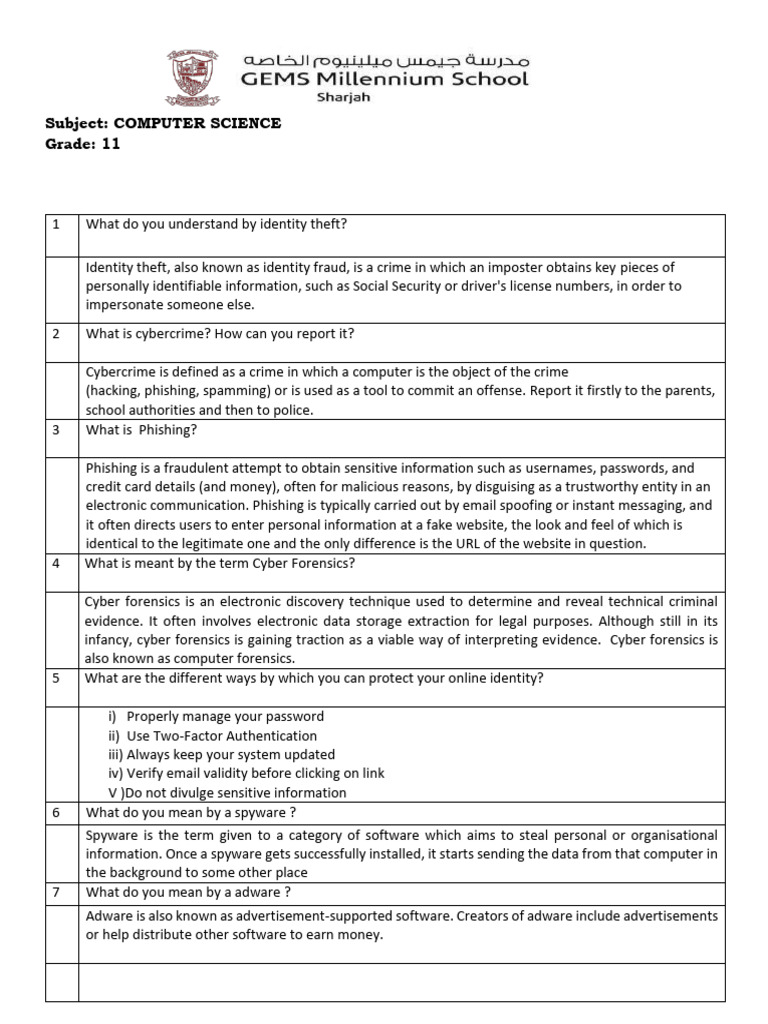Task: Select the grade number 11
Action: tap(110, 143)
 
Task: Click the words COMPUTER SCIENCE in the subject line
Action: tap(197, 123)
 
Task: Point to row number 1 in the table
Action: tap(57, 225)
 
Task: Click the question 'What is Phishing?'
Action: tap(142, 430)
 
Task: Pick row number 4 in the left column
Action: tap(57, 563)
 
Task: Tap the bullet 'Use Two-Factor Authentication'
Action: tap(207, 736)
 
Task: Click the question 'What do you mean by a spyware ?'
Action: tap(191, 813)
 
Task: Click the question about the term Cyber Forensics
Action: tap(220, 563)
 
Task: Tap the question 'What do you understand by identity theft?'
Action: tap(217, 225)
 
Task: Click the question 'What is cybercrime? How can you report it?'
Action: tap(220, 333)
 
